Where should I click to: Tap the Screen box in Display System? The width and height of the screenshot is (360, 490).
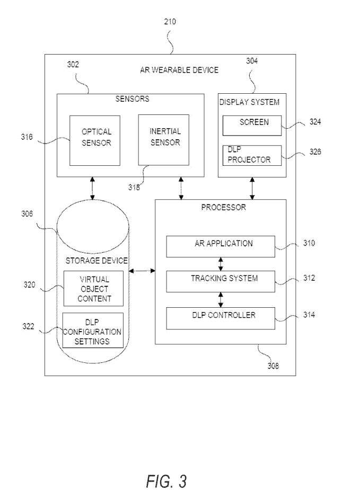coord(252,124)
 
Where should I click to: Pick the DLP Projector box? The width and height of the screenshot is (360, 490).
coord(252,155)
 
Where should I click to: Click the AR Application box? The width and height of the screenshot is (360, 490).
coord(221,246)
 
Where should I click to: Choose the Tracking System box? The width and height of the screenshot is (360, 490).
coord(221,281)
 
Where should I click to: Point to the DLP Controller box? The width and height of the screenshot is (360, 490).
coord(221,317)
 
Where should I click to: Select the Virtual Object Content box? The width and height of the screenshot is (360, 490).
coord(93,288)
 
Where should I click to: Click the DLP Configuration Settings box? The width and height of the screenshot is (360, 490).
coord(93,331)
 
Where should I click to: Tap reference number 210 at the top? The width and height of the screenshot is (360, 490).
coord(170,22)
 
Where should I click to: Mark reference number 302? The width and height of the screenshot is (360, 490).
coord(73,65)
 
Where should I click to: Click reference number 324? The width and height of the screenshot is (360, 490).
coord(315,122)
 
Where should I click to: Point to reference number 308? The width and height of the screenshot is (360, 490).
coord(273,366)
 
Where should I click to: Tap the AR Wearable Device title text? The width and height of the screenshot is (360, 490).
coord(179,70)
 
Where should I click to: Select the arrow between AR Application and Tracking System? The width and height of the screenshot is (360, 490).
coord(221,263)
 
